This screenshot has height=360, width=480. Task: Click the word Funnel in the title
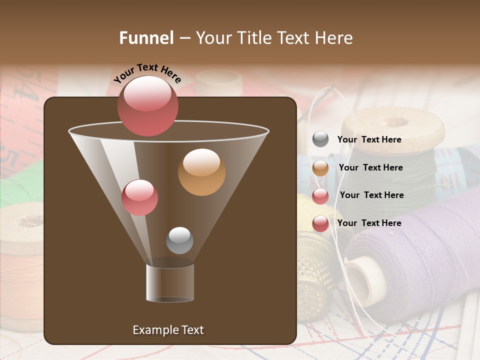(146, 38)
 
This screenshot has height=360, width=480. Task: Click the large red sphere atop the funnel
(147, 105)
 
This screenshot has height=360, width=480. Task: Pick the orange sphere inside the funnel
(201, 171)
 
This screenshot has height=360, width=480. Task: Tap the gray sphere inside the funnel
(179, 240)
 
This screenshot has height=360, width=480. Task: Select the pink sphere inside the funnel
(139, 197)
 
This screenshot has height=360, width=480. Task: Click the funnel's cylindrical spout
(170, 283)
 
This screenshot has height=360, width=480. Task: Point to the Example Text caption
(168, 330)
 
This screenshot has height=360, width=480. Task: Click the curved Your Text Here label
(147, 73)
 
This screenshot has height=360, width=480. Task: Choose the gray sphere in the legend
(320, 139)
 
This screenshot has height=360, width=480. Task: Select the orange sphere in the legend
(320, 168)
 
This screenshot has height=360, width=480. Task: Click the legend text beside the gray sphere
(369, 139)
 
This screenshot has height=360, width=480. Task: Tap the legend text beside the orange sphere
(370, 167)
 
